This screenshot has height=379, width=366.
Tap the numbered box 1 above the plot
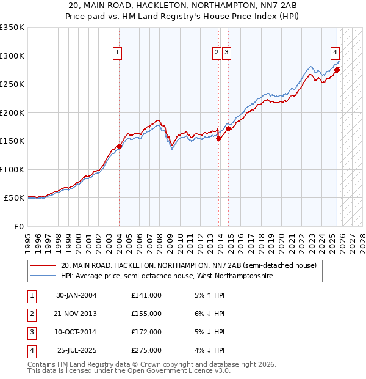click(117, 53)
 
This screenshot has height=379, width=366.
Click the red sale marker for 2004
click(119, 147)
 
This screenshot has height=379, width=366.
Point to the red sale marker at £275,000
click(337, 70)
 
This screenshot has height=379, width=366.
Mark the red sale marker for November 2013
click(218, 139)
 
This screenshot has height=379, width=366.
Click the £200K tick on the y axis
click(12, 112)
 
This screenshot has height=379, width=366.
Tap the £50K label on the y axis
click(14, 198)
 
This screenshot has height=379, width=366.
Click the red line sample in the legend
click(43, 266)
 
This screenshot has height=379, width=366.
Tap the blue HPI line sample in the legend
click(43, 276)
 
